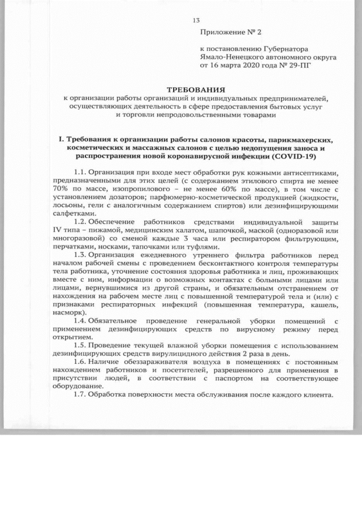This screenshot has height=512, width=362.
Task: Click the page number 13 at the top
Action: (x=196, y=21)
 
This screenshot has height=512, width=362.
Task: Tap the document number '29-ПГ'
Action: (x=299, y=65)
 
